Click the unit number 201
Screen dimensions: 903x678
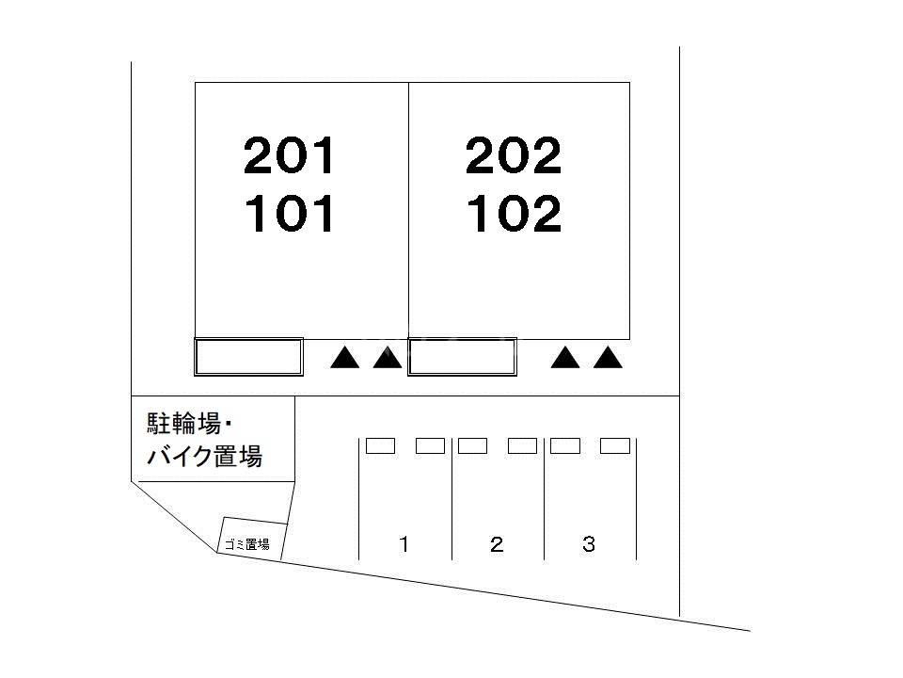289,156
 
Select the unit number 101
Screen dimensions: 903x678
289,215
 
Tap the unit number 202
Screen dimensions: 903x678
514,156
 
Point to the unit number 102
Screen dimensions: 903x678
514,215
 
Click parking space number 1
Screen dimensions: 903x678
404,544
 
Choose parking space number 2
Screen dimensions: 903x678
497,544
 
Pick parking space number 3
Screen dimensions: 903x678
589,544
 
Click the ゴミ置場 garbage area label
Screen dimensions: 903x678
246,544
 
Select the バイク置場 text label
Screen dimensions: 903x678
204,459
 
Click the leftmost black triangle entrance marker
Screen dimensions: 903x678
345,358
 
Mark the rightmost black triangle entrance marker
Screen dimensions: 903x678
609,358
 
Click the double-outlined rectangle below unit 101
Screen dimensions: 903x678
248,357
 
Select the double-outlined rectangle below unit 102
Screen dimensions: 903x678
462,357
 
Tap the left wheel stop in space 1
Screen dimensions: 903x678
380,446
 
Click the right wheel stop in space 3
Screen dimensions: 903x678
615,446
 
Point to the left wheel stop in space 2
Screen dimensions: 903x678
472,446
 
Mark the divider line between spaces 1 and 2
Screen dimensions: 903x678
451,499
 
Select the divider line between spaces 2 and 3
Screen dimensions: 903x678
544,499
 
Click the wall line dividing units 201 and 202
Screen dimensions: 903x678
408,207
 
